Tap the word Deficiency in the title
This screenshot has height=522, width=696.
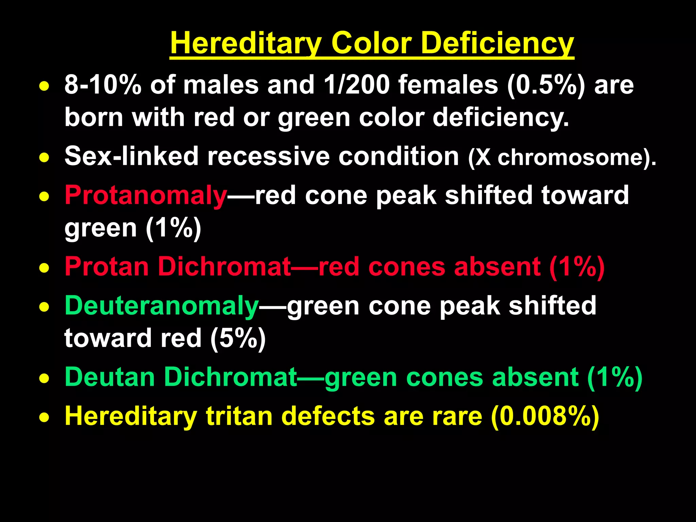tap(498, 43)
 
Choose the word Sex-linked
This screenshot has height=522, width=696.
tap(131, 156)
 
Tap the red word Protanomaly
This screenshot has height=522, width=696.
tap(145, 195)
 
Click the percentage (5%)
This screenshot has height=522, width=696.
tap(238, 338)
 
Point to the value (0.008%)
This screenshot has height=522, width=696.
tap(545, 416)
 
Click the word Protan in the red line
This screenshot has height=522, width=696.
tap(107, 266)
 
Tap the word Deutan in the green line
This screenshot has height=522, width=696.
tap(110, 377)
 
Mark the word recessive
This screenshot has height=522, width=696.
tap(268, 156)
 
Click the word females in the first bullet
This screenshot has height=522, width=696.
tap(448, 85)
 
